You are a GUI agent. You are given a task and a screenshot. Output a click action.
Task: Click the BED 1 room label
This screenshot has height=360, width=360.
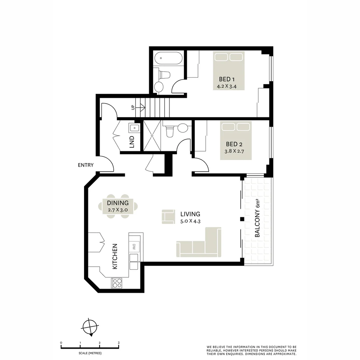pyautogui.click(x=227, y=79)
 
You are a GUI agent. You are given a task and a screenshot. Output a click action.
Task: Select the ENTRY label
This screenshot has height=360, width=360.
pyautogui.click(x=86, y=165)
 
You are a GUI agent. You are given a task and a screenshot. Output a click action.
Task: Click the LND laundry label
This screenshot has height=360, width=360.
pyautogui.click(x=132, y=142)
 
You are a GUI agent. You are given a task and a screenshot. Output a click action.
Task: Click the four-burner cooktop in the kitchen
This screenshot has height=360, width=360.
pyautogui.click(x=117, y=283)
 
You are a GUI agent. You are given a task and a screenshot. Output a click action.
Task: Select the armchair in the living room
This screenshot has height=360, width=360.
pyautogui.click(x=168, y=216)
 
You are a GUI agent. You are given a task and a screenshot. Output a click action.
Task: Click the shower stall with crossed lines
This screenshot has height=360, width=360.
pyautogui.click(x=152, y=136)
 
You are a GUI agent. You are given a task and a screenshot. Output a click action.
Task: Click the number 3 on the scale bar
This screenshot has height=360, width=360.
pyautogui.click(x=119, y=343)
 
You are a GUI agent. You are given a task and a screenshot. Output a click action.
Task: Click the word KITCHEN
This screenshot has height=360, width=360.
pyautogui.click(x=115, y=256)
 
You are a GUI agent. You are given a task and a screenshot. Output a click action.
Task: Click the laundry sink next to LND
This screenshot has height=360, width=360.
pyautogui.click(x=134, y=127)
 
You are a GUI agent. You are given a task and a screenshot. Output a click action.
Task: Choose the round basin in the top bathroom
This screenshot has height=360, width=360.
pyautogui.click(x=159, y=87)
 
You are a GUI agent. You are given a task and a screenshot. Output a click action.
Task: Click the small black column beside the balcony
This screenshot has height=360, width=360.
pyautogui.click(x=242, y=219)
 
